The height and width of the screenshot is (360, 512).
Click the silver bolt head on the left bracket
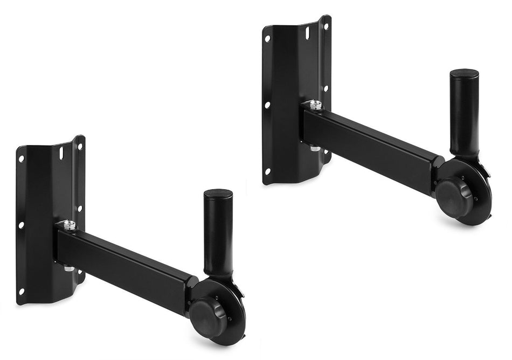pyautogui.click(x=69, y=224)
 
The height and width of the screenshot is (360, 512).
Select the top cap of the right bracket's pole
pyautogui.click(x=465, y=73)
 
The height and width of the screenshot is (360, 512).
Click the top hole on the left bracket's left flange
pyautogui.click(x=22, y=159)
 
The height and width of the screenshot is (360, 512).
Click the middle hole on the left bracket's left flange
pyautogui.click(x=22, y=225)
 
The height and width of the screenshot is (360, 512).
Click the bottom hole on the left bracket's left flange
pyautogui.click(x=22, y=291)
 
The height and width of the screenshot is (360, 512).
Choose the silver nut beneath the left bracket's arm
pyautogui.click(x=70, y=268)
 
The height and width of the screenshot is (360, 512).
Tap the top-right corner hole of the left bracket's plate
pyautogui.click(x=80, y=146)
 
